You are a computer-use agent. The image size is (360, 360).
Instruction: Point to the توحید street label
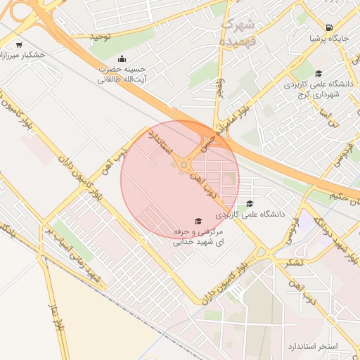101,36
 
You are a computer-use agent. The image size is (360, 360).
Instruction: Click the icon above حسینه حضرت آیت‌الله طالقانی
123,58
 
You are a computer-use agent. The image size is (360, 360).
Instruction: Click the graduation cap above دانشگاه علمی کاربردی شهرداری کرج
319,73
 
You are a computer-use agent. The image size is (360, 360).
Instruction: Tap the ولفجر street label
220,89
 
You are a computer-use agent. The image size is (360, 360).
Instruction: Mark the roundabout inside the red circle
184,165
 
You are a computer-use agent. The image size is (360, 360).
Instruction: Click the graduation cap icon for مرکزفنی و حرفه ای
197,220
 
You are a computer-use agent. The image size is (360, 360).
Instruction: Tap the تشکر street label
294,262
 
